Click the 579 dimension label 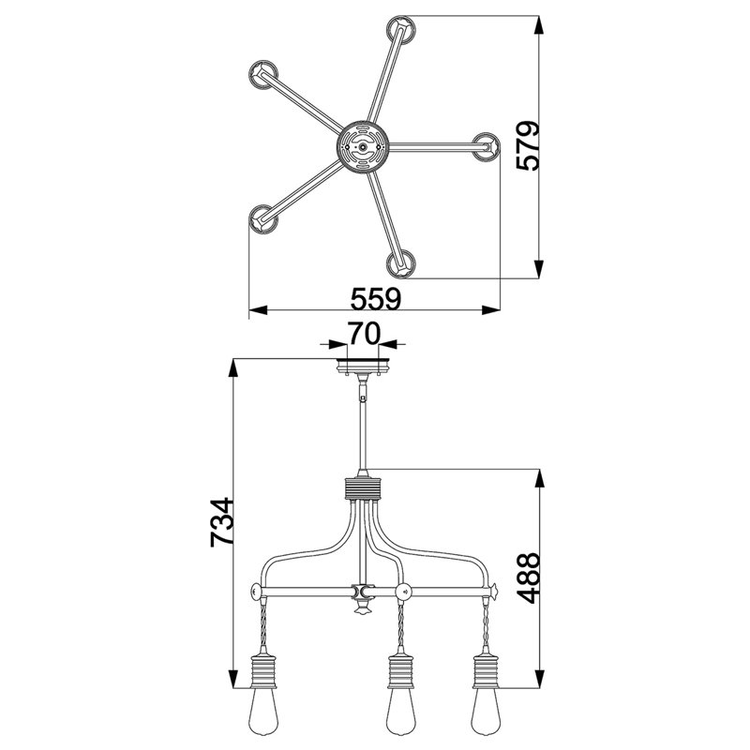(x=528, y=145)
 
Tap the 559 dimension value (x=376, y=299)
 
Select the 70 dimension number (x=364, y=334)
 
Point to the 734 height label (x=222, y=522)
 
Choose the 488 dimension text (x=528, y=577)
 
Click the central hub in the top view (x=363, y=147)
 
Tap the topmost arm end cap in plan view (x=401, y=30)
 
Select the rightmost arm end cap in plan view (x=486, y=147)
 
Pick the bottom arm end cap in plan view (x=401, y=263)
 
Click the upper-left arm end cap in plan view (x=263, y=75)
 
